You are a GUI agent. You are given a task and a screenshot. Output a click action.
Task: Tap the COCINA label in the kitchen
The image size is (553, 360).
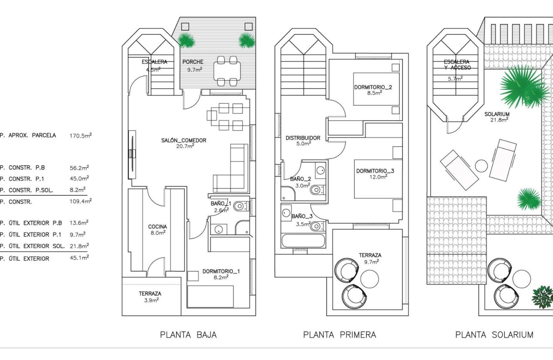click(157, 227)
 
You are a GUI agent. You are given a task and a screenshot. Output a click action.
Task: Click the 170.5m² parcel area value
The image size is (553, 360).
click(81, 135)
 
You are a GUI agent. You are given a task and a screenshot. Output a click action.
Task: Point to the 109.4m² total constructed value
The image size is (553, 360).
click(81, 201)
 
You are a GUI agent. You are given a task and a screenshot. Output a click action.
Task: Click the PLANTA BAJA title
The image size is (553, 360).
click(188, 335)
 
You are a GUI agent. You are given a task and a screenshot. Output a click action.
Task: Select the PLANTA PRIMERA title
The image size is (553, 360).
click(340, 335)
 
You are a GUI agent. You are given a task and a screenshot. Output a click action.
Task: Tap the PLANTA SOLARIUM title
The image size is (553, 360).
click(494, 335)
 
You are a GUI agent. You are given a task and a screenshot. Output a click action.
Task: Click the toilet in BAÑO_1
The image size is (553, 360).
click(240, 207)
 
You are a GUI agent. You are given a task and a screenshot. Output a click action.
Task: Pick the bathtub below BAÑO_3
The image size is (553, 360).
click(303, 240)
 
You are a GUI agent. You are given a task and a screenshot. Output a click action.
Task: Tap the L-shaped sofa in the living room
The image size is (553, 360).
click(234, 171)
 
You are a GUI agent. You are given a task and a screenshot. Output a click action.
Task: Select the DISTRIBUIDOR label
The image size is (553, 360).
click(303, 138)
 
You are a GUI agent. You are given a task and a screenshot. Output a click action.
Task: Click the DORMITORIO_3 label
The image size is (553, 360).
click(375, 171)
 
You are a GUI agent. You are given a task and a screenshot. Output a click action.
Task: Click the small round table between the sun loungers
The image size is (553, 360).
click(481, 166)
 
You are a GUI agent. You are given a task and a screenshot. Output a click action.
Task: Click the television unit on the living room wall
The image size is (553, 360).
click(132, 154)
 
